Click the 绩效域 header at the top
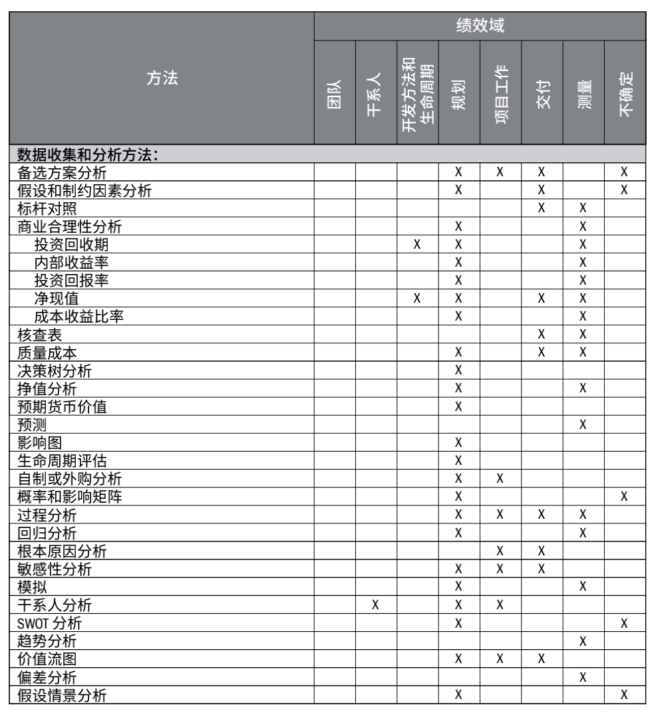pos(480,26)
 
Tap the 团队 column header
pos(335,93)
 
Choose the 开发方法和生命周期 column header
pos(418,93)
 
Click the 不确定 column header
pos(625,93)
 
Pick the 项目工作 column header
pos(500,93)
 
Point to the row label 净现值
pos(57,299)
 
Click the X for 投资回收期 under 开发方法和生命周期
pos(417,245)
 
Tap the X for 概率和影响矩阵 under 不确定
pos(625,497)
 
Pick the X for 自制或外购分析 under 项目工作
pos(500,479)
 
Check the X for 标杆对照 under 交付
pos(542,208)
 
